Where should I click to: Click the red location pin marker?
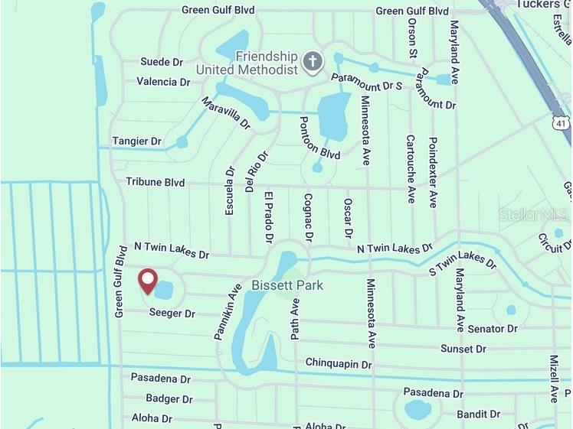click(146, 281)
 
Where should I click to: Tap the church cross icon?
click(312, 62)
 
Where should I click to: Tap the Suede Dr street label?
click(162, 62)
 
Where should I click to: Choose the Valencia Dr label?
click(163, 82)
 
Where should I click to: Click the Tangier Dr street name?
click(137, 141)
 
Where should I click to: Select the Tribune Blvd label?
click(156, 182)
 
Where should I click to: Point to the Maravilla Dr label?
click(226, 112)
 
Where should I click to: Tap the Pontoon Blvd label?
click(319, 138)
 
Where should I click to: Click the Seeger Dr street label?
click(172, 313)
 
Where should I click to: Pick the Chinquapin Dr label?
click(339, 363)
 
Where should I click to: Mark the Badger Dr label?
click(169, 398)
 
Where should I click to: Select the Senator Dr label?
click(492, 329)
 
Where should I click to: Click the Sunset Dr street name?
click(463, 349)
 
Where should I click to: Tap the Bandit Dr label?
click(478, 414)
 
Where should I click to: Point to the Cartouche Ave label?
click(411, 168)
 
